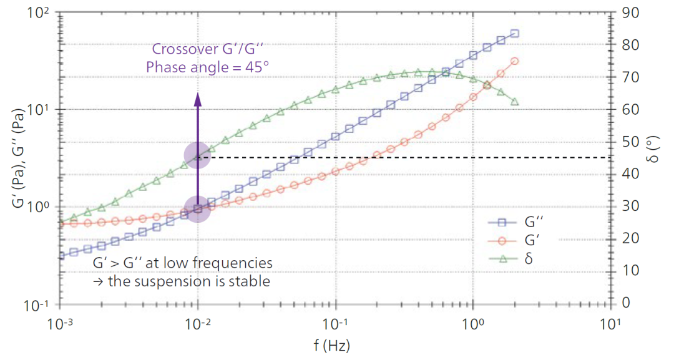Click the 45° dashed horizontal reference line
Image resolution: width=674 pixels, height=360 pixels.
(406, 157)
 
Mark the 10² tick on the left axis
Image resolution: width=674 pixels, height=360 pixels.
(40, 13)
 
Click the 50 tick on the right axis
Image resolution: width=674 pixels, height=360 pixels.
(630, 142)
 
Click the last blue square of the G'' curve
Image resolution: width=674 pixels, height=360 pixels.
(515, 34)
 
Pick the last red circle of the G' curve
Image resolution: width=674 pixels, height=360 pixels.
(515, 61)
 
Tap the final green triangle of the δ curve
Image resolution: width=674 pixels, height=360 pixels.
(515, 102)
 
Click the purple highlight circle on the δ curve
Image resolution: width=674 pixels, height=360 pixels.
(198, 157)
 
